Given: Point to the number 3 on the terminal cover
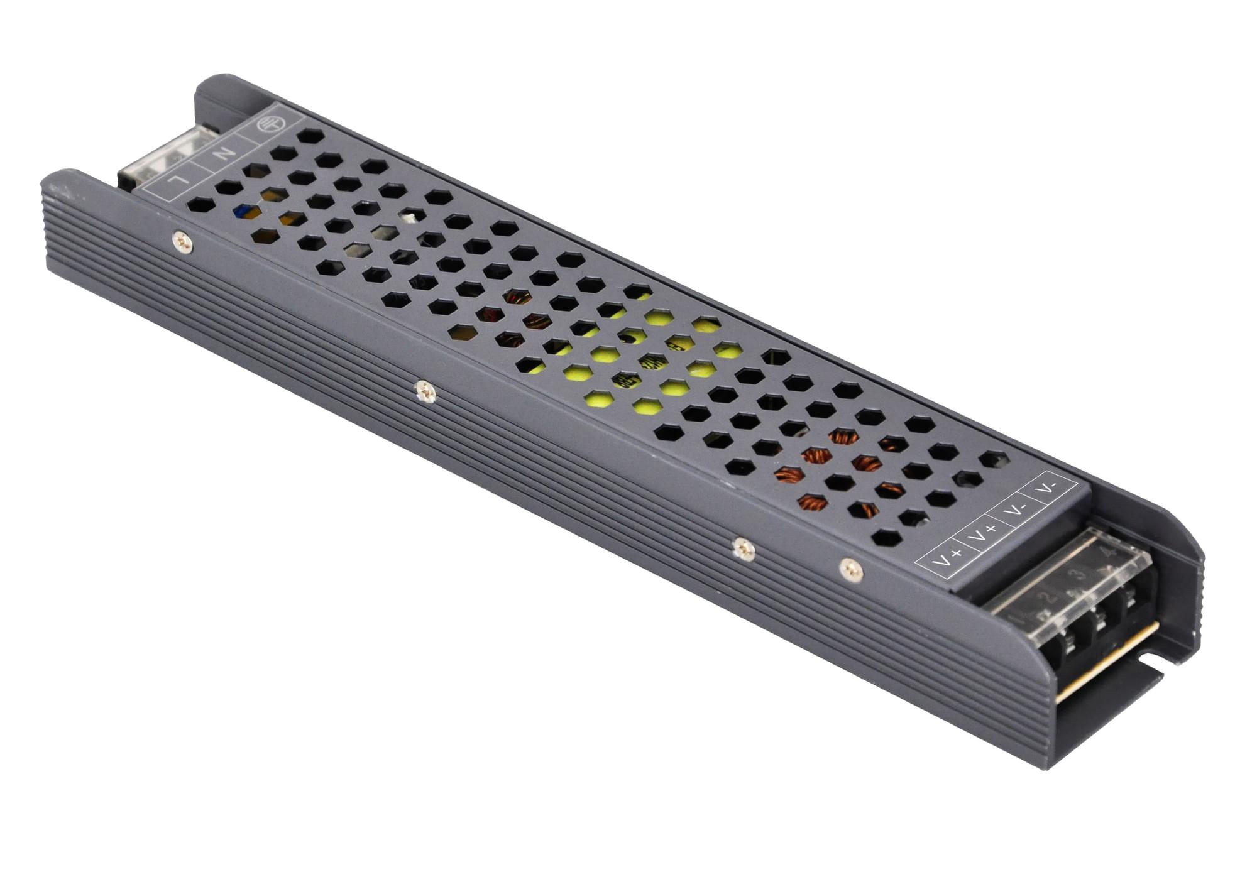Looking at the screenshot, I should click(x=1079, y=575).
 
